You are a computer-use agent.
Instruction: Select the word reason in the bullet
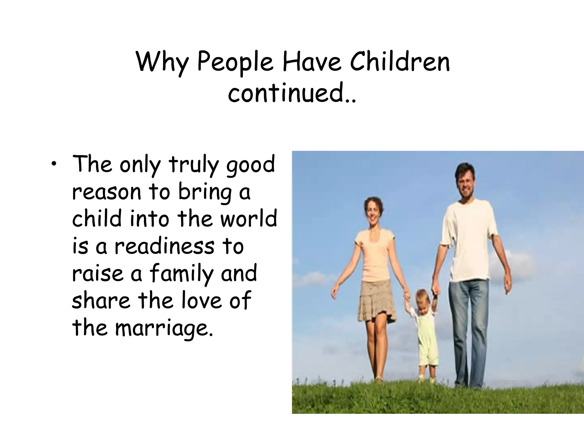(x=107, y=192)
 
